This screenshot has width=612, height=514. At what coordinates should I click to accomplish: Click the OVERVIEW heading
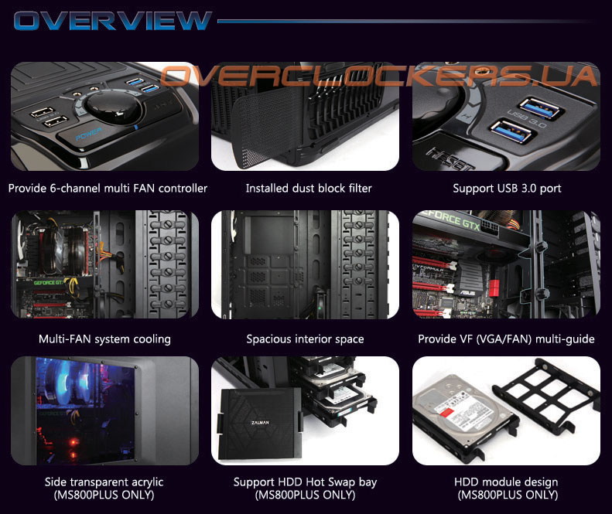point(113,21)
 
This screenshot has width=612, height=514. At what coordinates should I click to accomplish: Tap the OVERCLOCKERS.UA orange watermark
point(378,75)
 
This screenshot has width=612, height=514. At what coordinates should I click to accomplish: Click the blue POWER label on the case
point(89,134)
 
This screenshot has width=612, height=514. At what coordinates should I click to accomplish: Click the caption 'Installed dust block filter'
point(309,189)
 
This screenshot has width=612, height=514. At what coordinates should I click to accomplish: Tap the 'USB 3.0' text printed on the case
point(527,117)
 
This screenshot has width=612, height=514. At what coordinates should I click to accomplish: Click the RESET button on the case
point(451,158)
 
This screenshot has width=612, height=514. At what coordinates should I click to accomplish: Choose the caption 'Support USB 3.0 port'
point(507,189)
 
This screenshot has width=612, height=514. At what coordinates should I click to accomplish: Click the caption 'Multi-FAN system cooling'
point(104,339)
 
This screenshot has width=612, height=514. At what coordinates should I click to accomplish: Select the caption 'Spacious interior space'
point(305,339)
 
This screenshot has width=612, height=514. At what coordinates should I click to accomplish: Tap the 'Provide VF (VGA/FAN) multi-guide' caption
point(506,339)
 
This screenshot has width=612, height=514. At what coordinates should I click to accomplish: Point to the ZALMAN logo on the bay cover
point(260,422)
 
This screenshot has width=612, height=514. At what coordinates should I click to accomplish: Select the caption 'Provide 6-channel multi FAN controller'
point(108,189)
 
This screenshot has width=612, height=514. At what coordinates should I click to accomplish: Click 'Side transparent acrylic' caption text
point(104,482)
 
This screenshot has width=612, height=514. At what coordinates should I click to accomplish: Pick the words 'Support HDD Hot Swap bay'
point(305,482)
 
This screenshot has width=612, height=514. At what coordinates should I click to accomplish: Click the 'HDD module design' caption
point(506,482)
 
